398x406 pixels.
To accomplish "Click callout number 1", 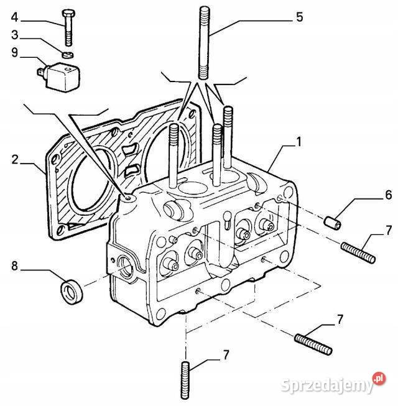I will pyautogui.click(x=300, y=142).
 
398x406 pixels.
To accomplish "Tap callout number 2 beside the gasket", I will pyautogui.click(x=14, y=159).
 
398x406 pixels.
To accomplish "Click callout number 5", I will pyautogui.click(x=300, y=17).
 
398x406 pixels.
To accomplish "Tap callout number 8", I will pyautogui.click(x=14, y=267).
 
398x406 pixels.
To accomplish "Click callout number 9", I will pyautogui.click(x=14, y=53).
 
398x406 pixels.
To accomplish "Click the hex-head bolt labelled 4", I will pyautogui.click(x=68, y=26).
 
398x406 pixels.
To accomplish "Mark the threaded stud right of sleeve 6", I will pyautogui.click(x=357, y=253).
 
